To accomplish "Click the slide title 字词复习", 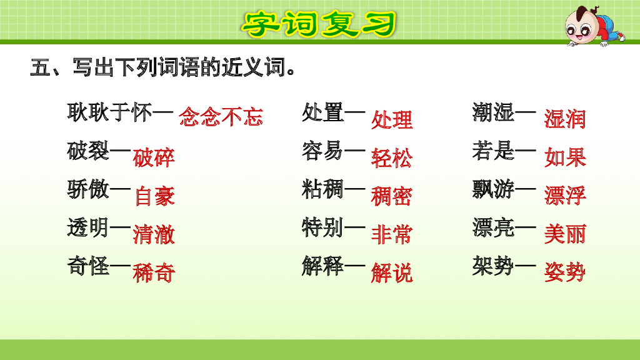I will [319, 24].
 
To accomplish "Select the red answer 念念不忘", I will [221, 117].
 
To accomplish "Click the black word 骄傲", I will [89, 189].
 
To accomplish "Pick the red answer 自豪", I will [155, 196].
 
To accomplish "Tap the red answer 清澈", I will [154, 234].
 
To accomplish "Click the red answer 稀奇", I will [154, 273].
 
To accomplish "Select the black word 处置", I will [322, 113].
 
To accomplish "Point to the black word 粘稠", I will [322, 189].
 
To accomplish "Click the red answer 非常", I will [392, 234].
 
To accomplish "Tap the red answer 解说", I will [392, 273].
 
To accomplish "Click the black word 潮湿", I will [494, 113].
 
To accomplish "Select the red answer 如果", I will [565, 157].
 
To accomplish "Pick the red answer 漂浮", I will [565, 196].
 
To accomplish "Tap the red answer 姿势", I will [565, 272].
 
